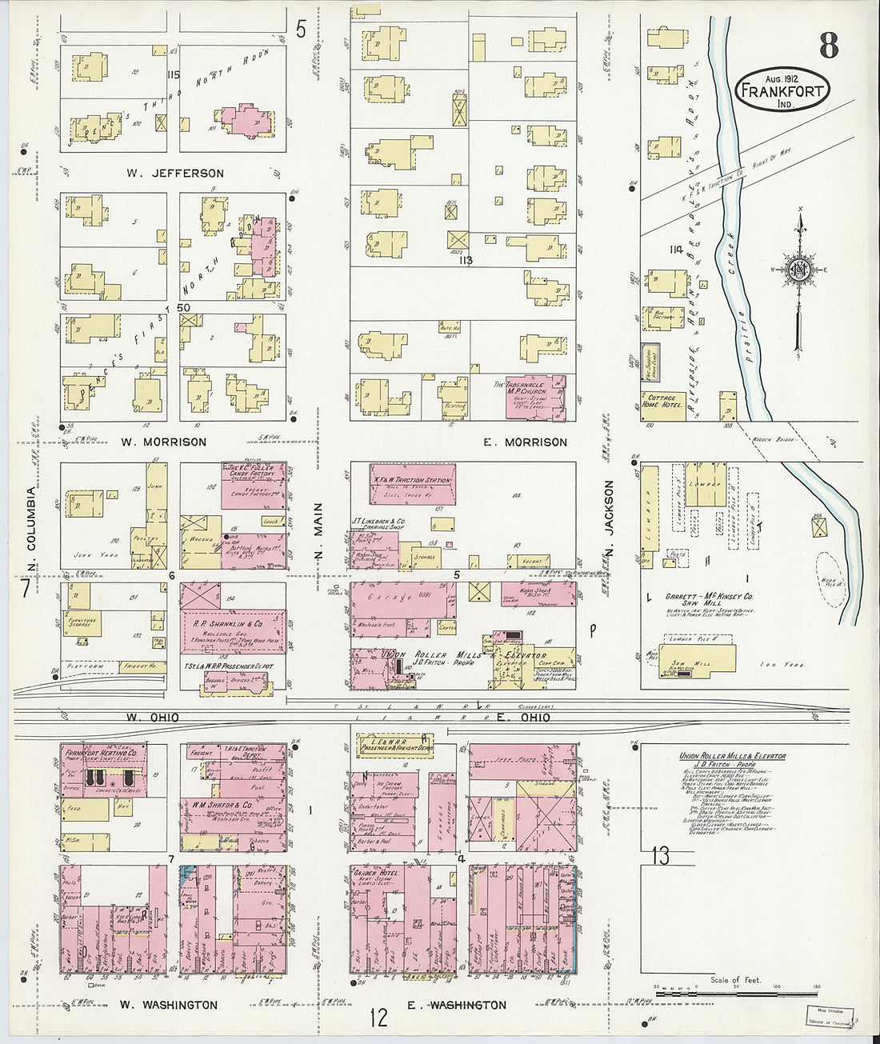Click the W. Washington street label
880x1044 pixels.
point(168,1005)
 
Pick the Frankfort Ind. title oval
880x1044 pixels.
point(782,90)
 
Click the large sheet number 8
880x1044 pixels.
point(828,46)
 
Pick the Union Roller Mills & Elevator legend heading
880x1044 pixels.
point(732,756)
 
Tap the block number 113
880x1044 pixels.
point(465,260)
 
